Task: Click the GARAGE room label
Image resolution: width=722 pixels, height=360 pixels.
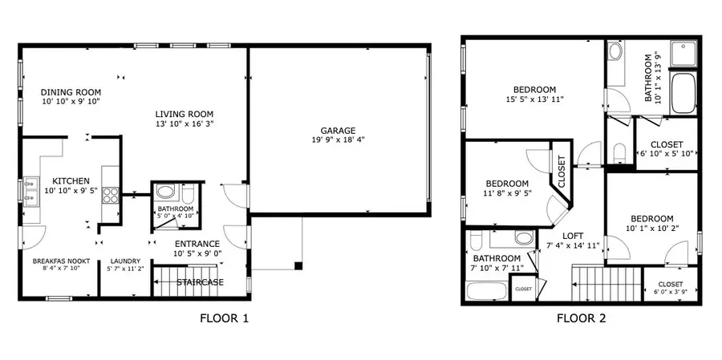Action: [339, 131]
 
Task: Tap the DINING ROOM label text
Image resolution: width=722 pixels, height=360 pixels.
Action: [71, 92]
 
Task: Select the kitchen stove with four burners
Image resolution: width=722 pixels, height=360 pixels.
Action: [111, 195]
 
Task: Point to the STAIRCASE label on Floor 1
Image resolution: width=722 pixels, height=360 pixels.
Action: [201, 282]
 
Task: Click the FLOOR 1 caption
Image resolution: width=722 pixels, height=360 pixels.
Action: [225, 318]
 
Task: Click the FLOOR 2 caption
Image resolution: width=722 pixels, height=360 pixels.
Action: [582, 318]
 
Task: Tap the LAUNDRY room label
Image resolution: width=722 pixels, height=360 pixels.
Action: [125, 261]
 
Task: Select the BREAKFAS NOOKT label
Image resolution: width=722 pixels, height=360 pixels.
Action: [61, 261]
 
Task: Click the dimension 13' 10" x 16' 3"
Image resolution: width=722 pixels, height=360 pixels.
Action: [185, 123]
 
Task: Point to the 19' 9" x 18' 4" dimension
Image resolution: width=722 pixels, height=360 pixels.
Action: [339, 140]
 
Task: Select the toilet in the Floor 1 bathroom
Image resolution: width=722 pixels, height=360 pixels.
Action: [189, 194]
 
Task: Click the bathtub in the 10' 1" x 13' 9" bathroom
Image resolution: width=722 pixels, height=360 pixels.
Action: [683, 92]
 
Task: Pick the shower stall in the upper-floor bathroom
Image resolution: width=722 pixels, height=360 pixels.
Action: [683, 53]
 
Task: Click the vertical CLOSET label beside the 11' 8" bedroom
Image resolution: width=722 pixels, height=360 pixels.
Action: [562, 172]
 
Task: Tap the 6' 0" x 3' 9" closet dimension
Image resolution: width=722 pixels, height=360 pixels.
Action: [671, 292]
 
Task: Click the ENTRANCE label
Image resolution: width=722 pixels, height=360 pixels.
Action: [197, 244]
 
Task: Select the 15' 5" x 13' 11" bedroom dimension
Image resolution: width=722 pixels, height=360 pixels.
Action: [534, 99]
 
